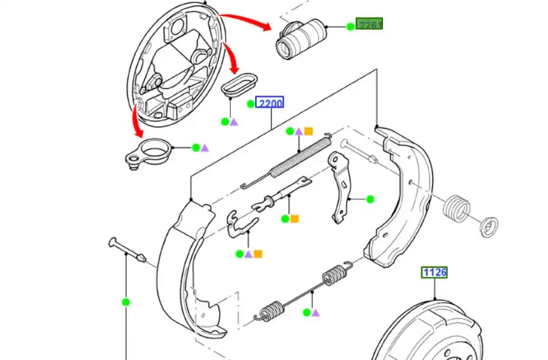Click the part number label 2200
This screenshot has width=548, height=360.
click(270, 104)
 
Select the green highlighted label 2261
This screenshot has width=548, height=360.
click(370, 26)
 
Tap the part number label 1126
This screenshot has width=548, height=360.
click(435, 272)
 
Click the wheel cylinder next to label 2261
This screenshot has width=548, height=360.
click(300, 40)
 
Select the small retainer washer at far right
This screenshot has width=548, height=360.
click(489, 227)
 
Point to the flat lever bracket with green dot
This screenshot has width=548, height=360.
click(339, 186)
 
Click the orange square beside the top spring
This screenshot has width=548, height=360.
click(309, 131)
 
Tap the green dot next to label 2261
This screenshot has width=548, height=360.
click(350, 26)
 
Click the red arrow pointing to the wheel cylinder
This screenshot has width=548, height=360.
click(244, 21)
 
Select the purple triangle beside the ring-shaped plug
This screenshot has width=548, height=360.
click(205, 147)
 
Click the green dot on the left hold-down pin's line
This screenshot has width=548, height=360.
click(125, 302)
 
